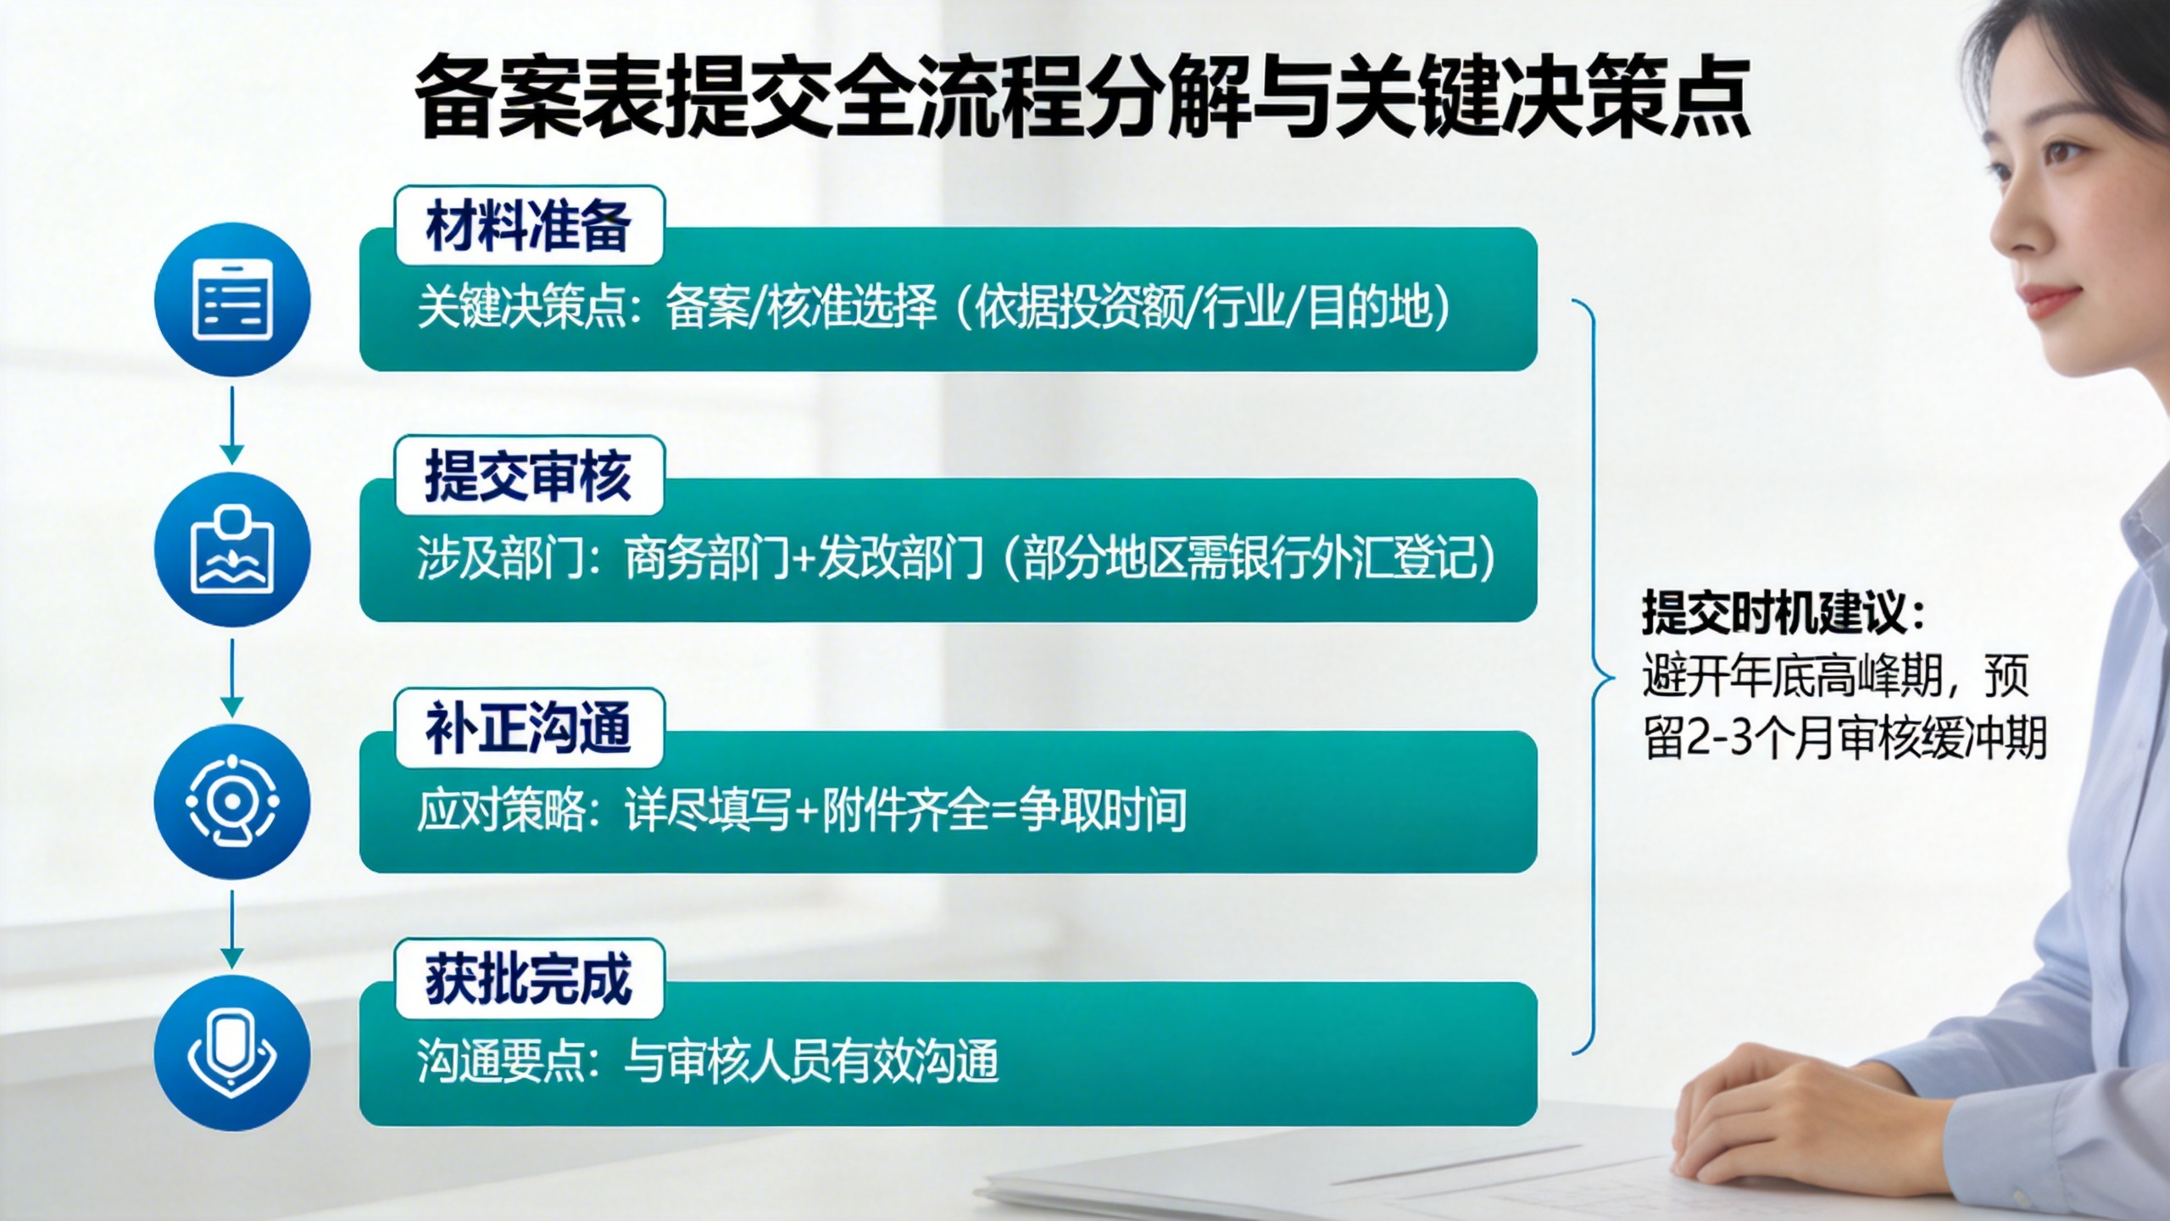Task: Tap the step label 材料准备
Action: pyautogui.click(x=529, y=226)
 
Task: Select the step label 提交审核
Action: pyautogui.click(x=529, y=477)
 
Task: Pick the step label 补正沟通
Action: pyautogui.click(x=529, y=728)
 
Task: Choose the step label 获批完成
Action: pyautogui.click(x=529, y=978)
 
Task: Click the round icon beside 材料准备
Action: pyautogui.click(x=232, y=299)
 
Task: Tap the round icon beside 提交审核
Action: pyautogui.click(x=232, y=549)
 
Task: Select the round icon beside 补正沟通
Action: pyautogui.click(x=232, y=801)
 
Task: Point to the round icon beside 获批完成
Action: pyautogui.click(x=232, y=1052)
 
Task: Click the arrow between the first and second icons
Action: pyautogui.click(x=232, y=425)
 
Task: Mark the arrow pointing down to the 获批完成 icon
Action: pyautogui.click(x=232, y=929)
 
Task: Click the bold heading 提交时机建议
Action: pyautogui.click(x=1783, y=612)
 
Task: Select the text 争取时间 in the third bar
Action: pyautogui.click(x=1103, y=810)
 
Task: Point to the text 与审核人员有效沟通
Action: pyautogui.click(x=811, y=1061)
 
